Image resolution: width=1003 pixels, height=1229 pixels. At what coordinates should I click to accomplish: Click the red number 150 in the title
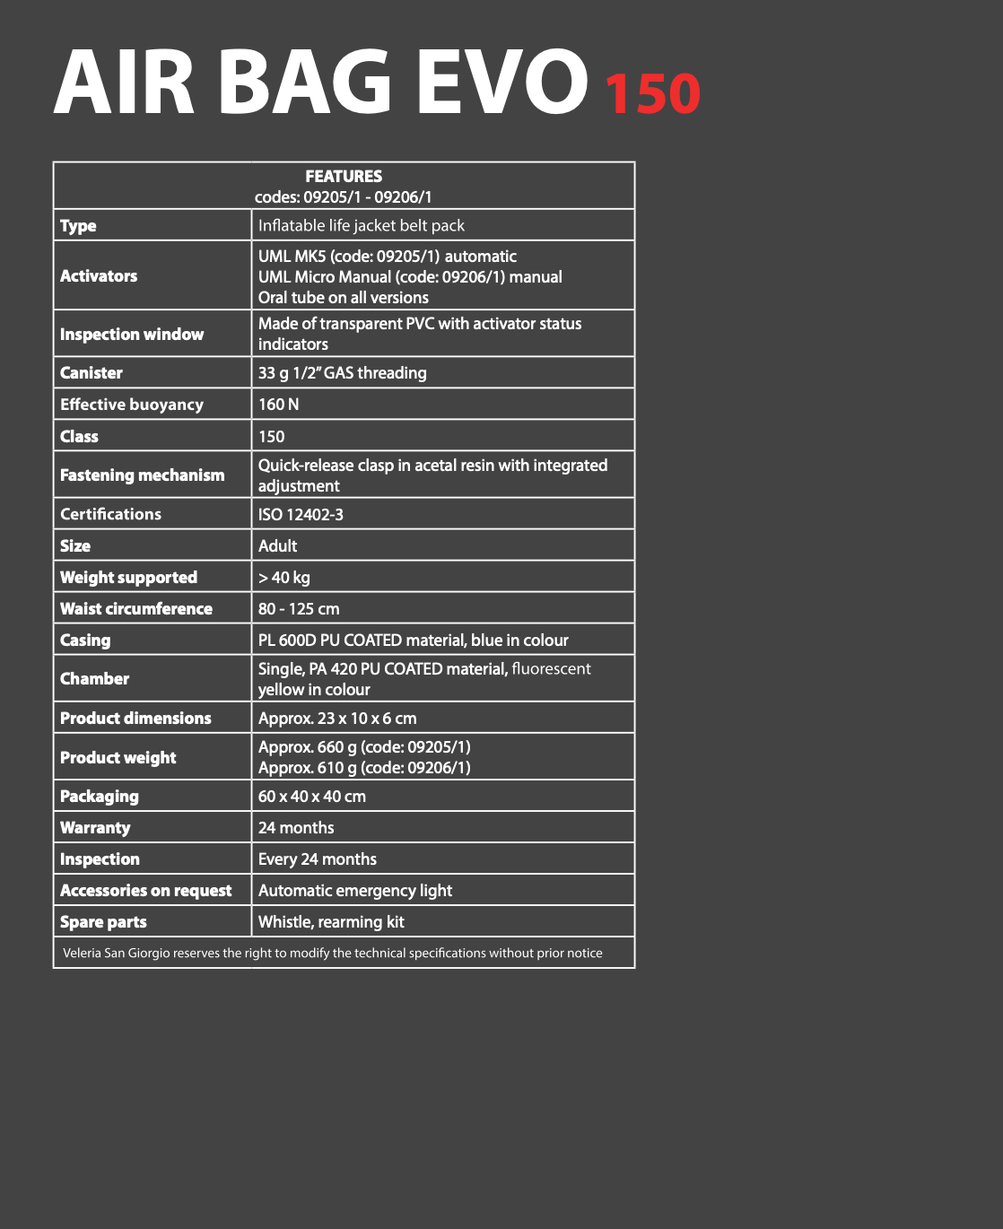coord(652,93)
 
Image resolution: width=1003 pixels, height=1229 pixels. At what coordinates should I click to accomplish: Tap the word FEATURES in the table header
coord(344,177)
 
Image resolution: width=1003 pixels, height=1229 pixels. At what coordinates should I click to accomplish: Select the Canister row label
coord(92,373)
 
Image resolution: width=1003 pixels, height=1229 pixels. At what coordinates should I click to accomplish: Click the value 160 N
coord(279,405)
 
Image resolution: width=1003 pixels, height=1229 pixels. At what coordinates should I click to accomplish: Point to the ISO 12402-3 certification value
coord(301,515)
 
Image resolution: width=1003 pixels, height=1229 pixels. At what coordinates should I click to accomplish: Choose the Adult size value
coord(278,546)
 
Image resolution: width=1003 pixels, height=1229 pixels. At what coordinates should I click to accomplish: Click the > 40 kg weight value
coord(284,578)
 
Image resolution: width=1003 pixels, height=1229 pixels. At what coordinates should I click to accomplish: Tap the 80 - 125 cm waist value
coord(299,609)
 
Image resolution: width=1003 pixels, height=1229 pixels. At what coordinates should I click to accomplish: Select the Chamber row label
coord(95,679)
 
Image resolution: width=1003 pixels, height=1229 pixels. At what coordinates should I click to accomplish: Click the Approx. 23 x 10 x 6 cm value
coord(337,719)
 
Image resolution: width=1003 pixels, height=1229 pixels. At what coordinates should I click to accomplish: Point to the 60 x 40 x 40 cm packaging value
coord(312,797)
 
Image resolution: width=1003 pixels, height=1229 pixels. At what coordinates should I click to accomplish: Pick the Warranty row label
coord(95,828)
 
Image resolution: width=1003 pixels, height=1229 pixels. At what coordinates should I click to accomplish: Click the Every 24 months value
coord(318,859)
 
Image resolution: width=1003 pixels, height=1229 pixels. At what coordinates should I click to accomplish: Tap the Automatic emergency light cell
coord(355,891)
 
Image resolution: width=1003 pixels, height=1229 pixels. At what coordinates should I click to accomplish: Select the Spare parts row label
coord(103,922)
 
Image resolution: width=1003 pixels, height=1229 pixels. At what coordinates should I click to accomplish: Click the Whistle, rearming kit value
coord(331,922)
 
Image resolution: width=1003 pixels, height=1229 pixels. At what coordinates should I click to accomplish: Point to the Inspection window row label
coord(132,335)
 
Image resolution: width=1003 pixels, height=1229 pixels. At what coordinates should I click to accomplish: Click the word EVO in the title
coord(502,83)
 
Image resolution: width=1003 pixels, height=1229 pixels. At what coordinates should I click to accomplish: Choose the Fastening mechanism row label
coord(143,475)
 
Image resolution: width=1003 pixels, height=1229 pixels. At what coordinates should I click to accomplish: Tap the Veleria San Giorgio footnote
coord(333,953)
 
